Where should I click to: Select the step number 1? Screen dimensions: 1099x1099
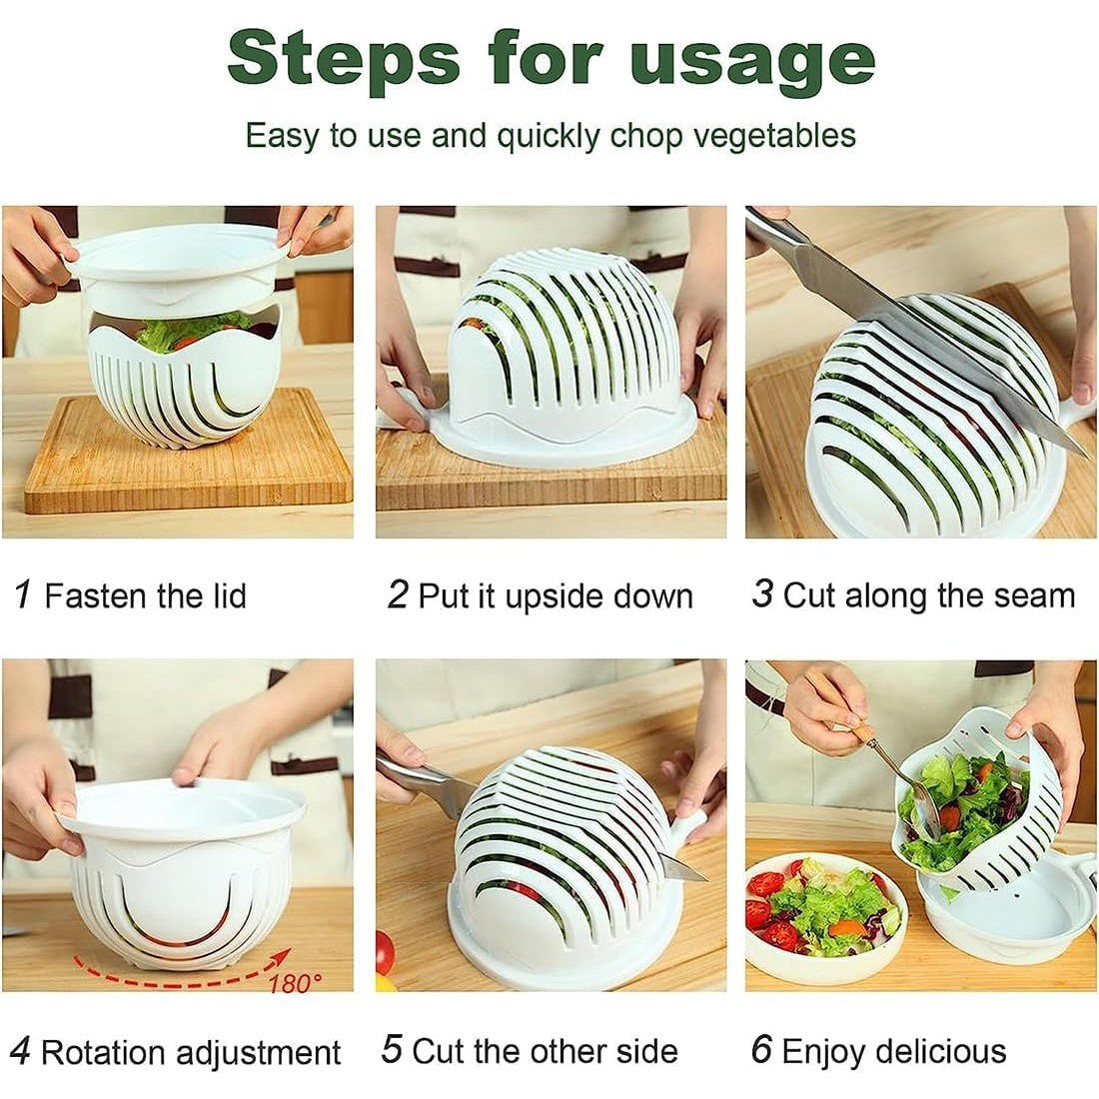[23, 595]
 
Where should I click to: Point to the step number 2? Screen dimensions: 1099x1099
[399, 595]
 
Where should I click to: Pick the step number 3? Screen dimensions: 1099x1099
[762, 594]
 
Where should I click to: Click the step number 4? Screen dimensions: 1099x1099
[20, 1052]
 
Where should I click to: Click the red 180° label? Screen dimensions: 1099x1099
[295, 983]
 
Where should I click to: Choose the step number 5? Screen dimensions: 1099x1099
[393, 1051]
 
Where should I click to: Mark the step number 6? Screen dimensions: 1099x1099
[761, 1051]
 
